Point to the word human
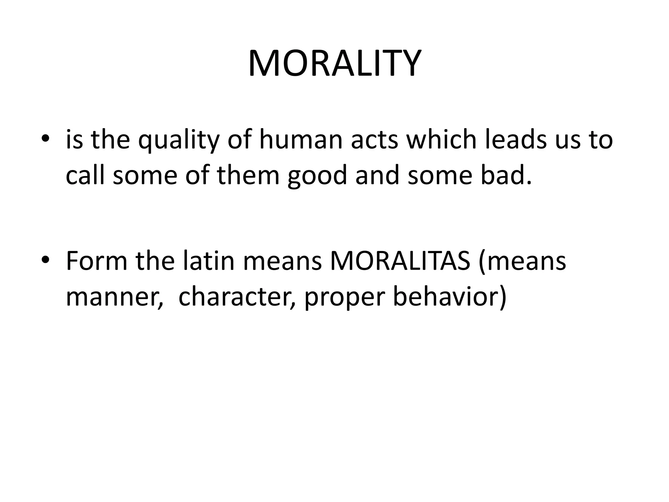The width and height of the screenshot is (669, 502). [x=301, y=140]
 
